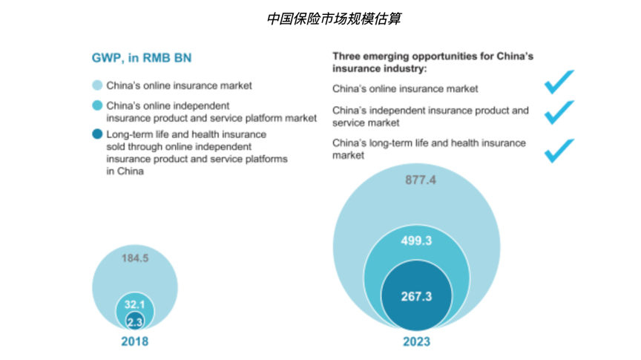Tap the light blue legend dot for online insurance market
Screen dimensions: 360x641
96,85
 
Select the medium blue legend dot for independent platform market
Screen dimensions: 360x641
96,105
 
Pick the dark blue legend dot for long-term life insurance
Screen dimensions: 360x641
96,134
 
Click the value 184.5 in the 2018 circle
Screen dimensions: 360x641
135,258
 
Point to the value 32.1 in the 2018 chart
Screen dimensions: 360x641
134,305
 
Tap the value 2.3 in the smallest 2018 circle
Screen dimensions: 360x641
134,321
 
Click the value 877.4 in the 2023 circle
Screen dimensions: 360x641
420,180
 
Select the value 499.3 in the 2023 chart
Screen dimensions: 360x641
415,240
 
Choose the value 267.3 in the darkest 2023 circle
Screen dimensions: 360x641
415,295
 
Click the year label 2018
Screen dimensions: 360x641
134,341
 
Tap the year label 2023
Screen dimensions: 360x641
416,341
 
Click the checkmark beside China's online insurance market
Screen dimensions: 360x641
559,82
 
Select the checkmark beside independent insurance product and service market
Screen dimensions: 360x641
559,112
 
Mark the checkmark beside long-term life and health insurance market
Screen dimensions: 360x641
559,149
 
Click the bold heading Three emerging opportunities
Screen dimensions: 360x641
432,62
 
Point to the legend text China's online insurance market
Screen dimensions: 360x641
179,85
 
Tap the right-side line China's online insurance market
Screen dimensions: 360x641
405,89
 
